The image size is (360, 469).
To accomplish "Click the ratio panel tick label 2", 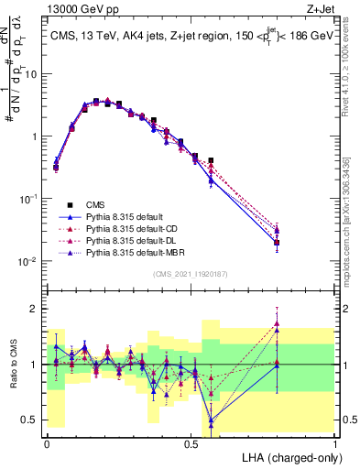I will (x=32, y=309).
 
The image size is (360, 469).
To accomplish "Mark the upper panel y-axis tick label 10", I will (x=30, y=74).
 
